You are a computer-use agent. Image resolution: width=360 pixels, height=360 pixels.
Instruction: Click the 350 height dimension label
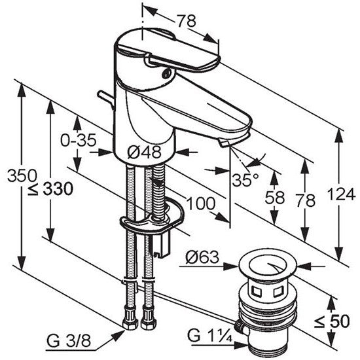pyautogui.click(x=22, y=175)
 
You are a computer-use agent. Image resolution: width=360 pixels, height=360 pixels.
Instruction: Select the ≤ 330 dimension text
pyautogui.click(x=50, y=190)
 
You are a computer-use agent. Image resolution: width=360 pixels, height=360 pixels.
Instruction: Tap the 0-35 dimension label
pyautogui.click(x=79, y=140)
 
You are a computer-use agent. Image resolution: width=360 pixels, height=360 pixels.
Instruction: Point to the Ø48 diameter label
pyautogui.click(x=144, y=152)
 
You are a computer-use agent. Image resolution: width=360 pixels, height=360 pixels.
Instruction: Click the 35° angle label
pyautogui.click(x=245, y=180)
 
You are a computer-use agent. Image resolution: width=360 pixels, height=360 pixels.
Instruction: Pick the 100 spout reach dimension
pyautogui.click(x=201, y=204)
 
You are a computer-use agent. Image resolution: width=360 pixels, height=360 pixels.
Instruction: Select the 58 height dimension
pyautogui.click(x=275, y=198)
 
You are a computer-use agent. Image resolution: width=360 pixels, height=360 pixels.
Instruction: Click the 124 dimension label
pyautogui.click(x=341, y=194)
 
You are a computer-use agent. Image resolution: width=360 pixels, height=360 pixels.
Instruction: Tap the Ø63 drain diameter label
pyautogui.click(x=202, y=257)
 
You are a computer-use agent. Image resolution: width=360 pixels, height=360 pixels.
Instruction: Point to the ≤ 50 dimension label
pyautogui.click(x=332, y=321)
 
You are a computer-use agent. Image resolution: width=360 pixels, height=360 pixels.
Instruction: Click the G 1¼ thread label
pyautogui.click(x=210, y=336)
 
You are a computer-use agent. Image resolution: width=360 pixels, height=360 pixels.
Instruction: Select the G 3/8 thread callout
pyautogui.click(x=69, y=342)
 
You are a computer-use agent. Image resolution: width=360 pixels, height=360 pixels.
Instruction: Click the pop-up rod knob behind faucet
pyautogui.click(x=105, y=98)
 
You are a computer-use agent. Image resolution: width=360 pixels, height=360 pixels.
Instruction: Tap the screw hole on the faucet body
pyautogui.click(x=166, y=74)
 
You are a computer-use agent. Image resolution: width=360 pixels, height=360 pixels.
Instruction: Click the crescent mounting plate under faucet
pyautogui.click(x=152, y=219)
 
